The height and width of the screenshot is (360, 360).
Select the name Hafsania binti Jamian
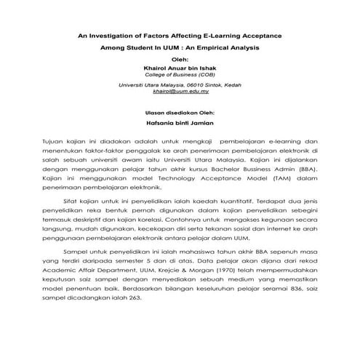(x=180, y=124)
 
